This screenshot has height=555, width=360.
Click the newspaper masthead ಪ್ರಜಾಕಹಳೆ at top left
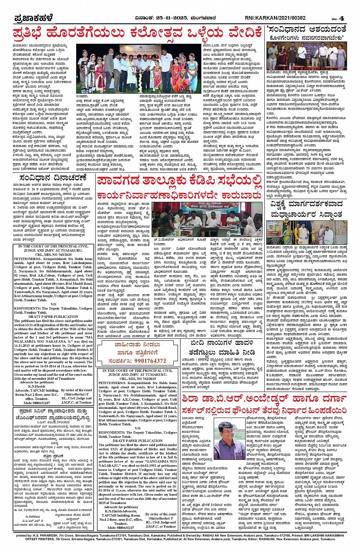[33, 18]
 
